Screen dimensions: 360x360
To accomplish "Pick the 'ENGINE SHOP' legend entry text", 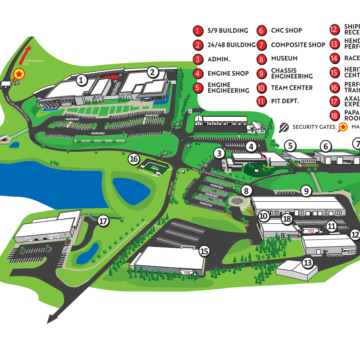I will pyautogui.click(x=228, y=73).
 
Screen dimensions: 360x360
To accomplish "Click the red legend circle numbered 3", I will pyautogui.click(x=199, y=58).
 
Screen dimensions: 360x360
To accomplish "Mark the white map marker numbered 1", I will pyautogui.click(x=81, y=79).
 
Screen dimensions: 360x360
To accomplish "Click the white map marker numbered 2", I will pyautogui.click(x=152, y=71).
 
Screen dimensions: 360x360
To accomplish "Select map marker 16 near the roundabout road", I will pyautogui.click(x=133, y=158).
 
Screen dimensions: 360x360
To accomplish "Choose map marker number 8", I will pyautogui.click(x=246, y=191).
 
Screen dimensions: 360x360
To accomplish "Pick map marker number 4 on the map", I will pyautogui.click(x=251, y=146).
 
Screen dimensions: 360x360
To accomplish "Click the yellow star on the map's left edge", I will pyautogui.click(x=18, y=74).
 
